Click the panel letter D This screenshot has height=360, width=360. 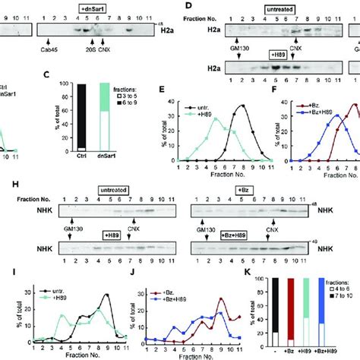click(184, 5)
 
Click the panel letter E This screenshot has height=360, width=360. click(179, 76)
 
